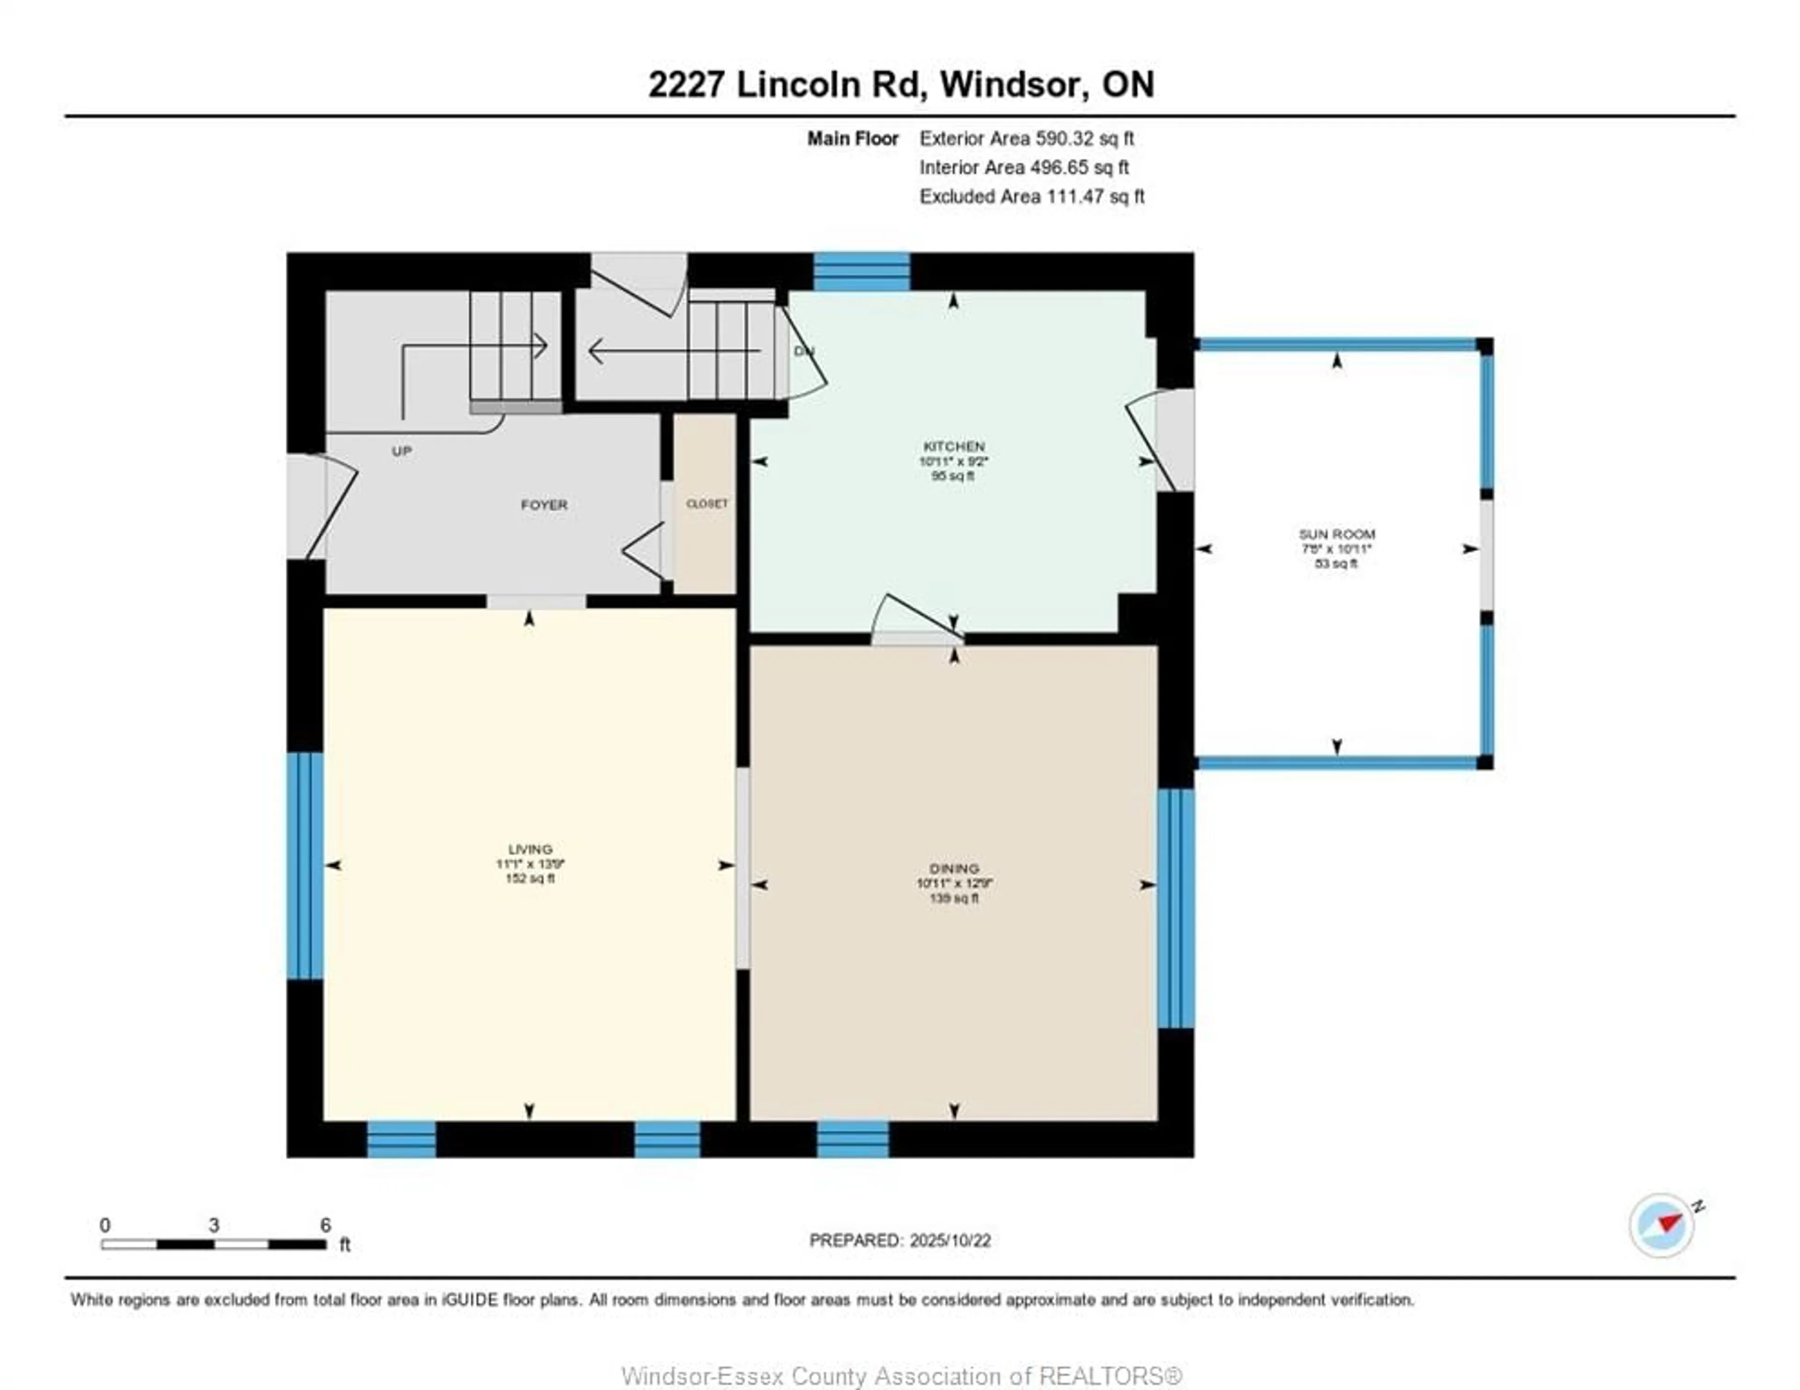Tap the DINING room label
(x=953, y=869)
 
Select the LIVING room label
(x=530, y=849)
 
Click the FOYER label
(x=544, y=504)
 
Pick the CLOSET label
(x=706, y=504)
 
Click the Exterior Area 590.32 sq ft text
(x=1026, y=138)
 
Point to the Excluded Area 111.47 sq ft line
(x=1031, y=196)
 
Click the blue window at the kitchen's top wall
(x=861, y=272)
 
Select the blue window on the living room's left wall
(x=305, y=865)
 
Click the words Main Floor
(x=852, y=138)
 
